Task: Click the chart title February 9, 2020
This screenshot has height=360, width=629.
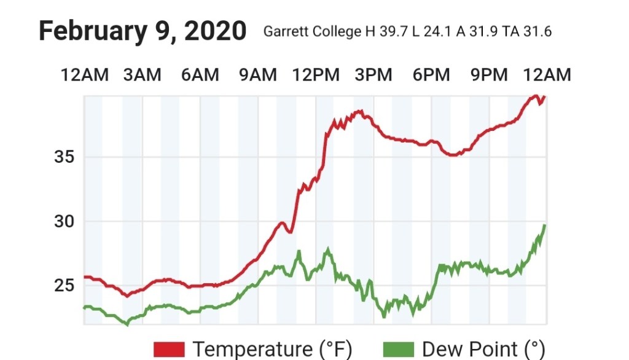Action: (x=143, y=31)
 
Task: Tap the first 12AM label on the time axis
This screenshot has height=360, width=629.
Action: (x=84, y=75)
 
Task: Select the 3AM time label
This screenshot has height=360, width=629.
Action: (x=142, y=75)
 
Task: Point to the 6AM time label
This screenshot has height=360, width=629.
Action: (x=200, y=75)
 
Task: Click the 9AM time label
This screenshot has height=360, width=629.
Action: (x=258, y=75)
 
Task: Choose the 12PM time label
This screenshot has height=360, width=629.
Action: (x=316, y=75)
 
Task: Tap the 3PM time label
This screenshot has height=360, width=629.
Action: (x=373, y=75)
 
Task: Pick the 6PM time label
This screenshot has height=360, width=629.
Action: (x=431, y=75)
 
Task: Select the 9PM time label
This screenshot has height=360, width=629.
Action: (x=489, y=75)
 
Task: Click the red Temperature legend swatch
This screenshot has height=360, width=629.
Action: (x=169, y=350)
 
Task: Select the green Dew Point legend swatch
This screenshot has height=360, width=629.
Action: (x=399, y=350)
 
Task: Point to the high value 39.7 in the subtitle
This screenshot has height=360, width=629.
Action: (x=394, y=32)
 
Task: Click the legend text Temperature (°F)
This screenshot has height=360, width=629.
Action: (x=272, y=350)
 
